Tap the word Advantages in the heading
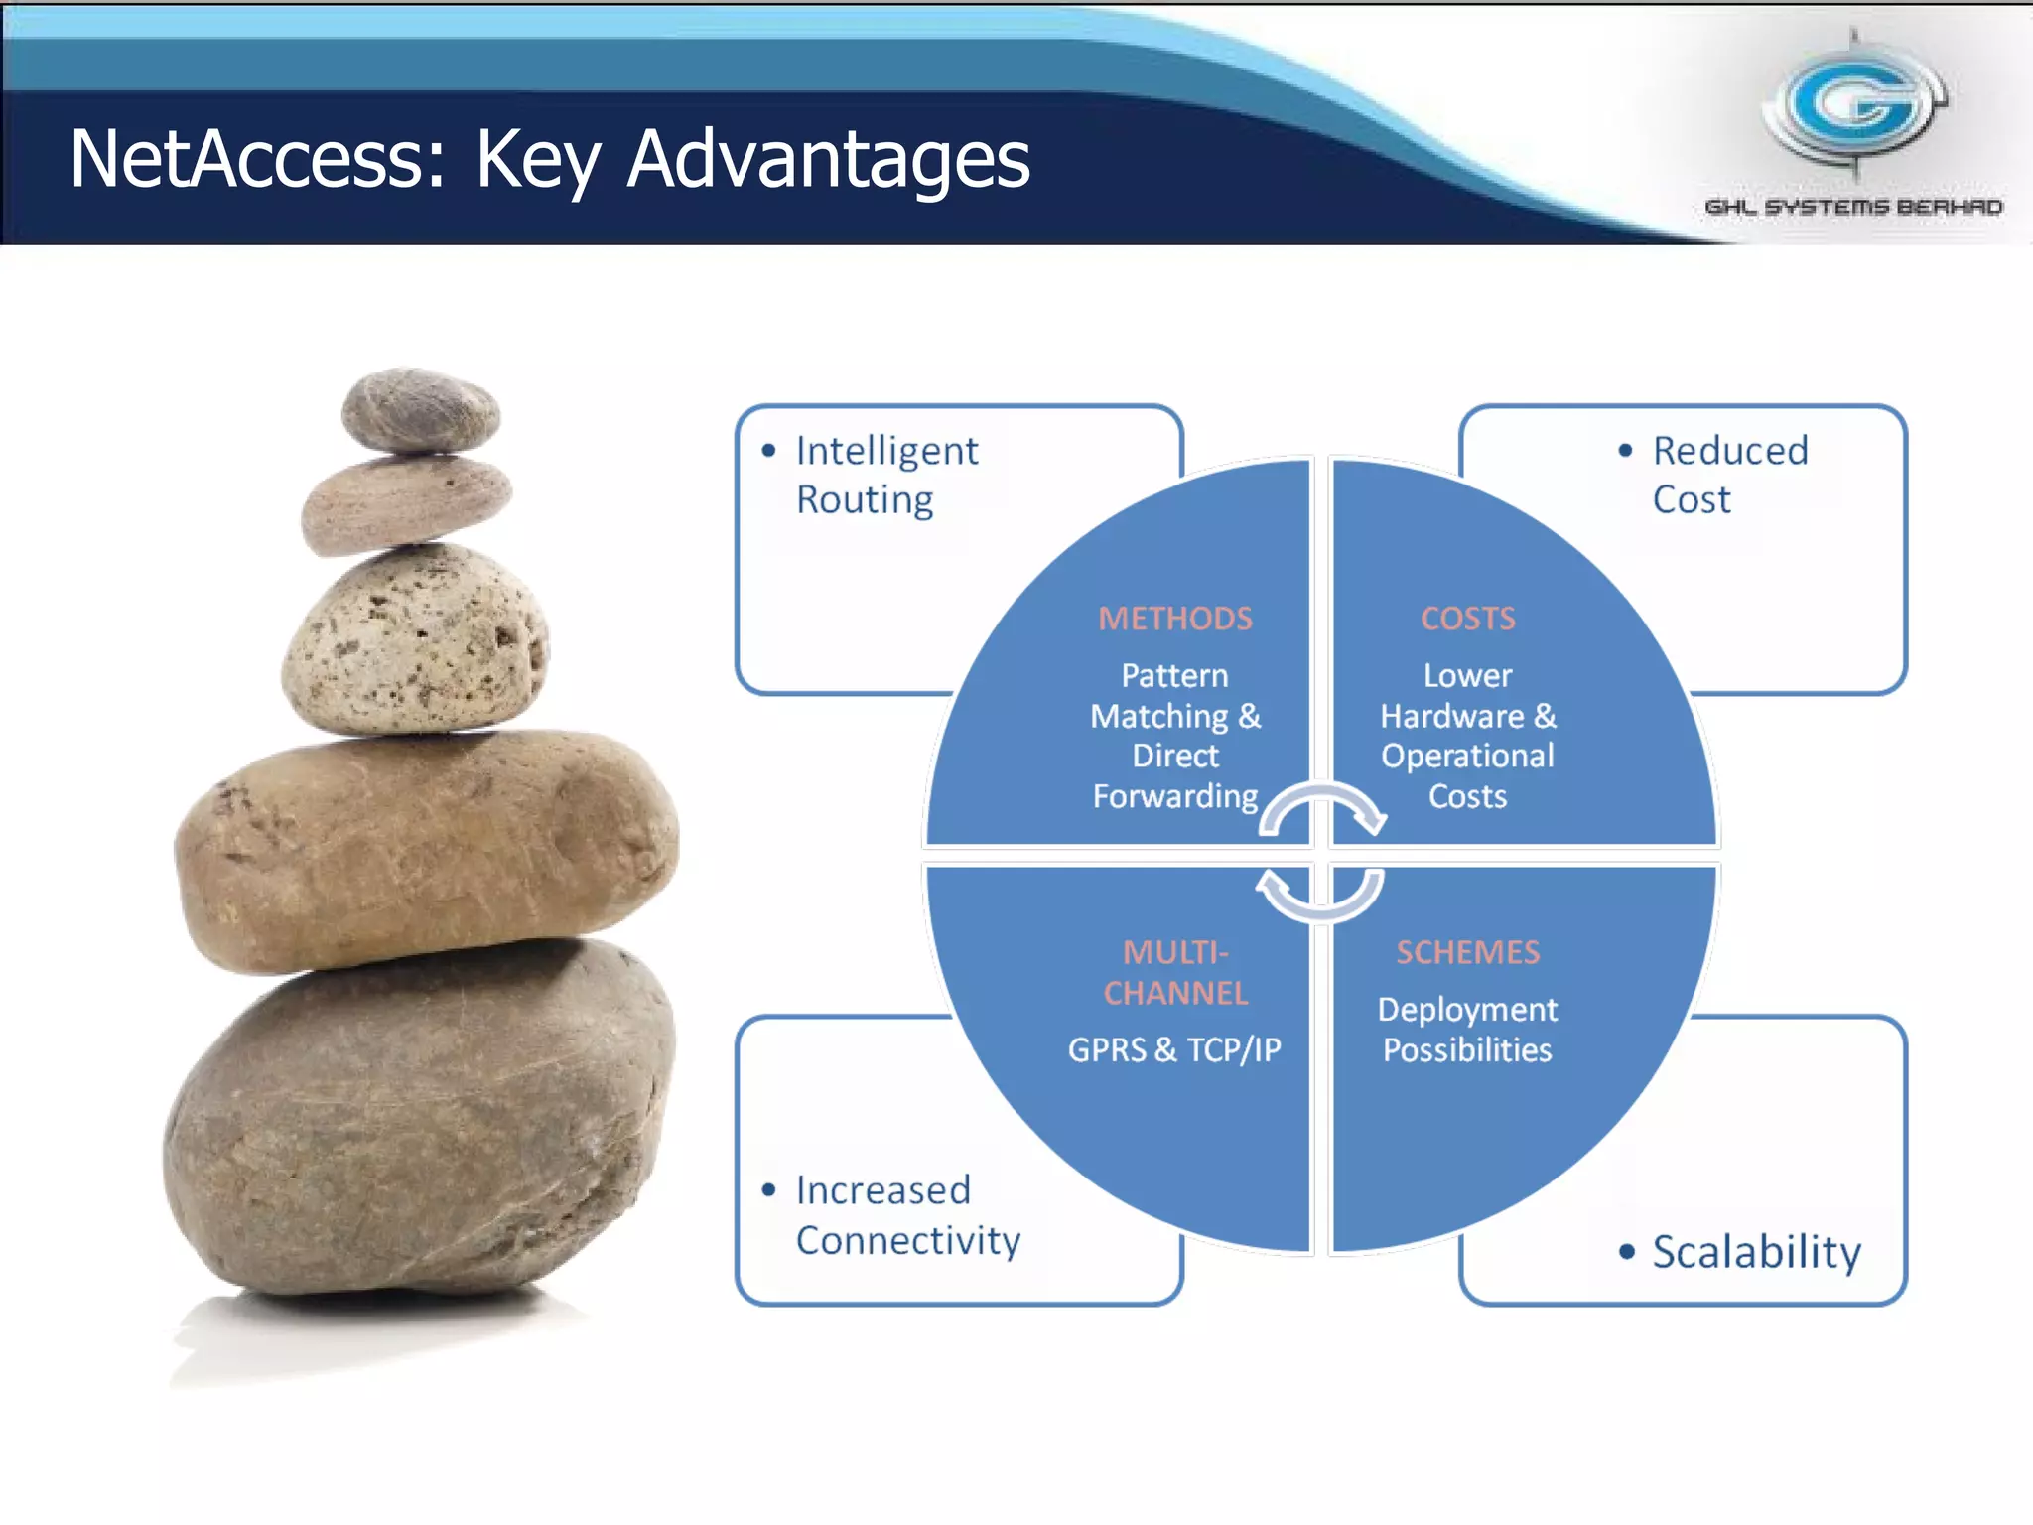tap(829, 161)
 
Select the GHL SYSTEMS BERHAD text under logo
tap(1853, 208)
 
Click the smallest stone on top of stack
tap(421, 410)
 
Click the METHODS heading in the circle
tap(1175, 619)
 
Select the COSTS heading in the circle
tap(1467, 619)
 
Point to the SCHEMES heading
tap(1467, 952)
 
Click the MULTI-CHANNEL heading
tap(1175, 973)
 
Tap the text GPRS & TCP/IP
tap(1174, 1049)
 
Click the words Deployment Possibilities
tap(1467, 1030)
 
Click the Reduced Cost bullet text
tap(1728, 475)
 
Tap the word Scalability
tap(1756, 1251)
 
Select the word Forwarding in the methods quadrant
tap(1175, 796)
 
